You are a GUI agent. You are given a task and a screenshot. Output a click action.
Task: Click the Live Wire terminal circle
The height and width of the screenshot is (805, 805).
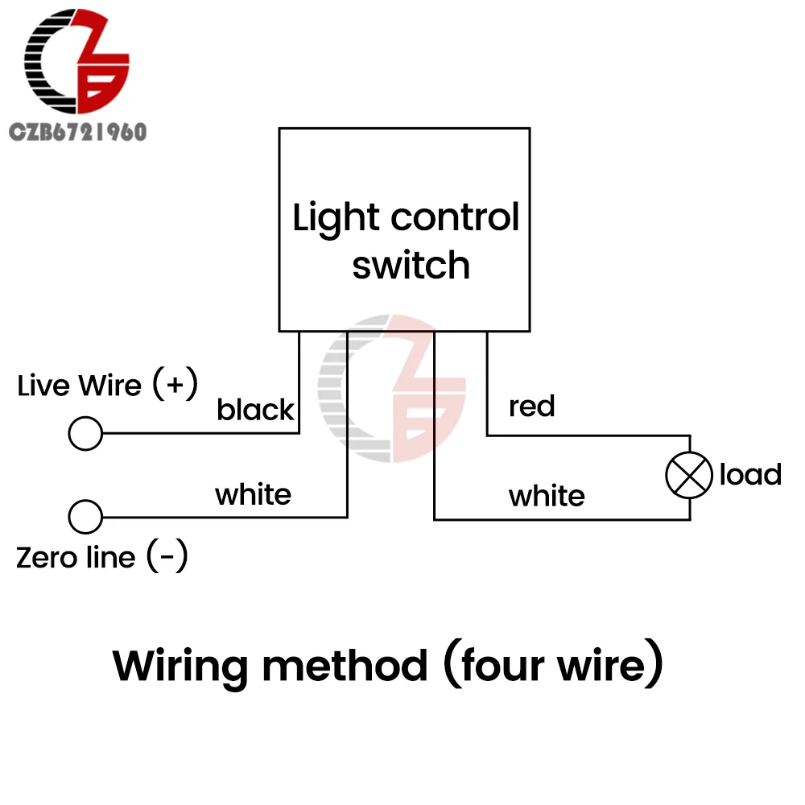[85, 434]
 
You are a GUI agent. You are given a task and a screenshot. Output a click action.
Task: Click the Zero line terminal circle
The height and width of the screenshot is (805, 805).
[85, 517]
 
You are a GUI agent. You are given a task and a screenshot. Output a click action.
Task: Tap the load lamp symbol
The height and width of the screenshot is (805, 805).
[689, 475]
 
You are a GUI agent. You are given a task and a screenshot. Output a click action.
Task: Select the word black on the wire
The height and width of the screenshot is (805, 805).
[255, 411]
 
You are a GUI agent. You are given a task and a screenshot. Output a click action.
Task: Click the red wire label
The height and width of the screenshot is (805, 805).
[531, 407]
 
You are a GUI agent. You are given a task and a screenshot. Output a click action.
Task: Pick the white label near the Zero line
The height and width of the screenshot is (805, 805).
[253, 494]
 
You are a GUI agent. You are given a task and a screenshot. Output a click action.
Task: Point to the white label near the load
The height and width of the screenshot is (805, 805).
[547, 496]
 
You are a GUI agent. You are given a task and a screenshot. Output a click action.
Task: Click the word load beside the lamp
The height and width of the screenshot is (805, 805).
[750, 475]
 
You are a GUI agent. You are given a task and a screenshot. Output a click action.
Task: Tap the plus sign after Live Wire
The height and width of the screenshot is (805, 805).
[175, 385]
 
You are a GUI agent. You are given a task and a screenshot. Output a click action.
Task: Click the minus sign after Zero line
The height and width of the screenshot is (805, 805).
[167, 557]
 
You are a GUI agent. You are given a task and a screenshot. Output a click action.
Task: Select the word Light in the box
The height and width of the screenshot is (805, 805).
[335, 218]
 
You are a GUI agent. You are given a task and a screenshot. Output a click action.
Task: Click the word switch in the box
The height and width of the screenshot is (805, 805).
[411, 266]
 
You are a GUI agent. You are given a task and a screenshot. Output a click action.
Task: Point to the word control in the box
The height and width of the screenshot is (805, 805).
[455, 218]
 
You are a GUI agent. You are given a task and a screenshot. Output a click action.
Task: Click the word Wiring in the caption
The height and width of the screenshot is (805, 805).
[180, 666]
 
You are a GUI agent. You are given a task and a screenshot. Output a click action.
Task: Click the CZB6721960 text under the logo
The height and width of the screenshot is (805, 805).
[77, 131]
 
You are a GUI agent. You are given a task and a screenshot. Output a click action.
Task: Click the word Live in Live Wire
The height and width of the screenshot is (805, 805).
[43, 386]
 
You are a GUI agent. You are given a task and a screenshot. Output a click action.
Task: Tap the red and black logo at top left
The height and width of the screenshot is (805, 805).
[76, 62]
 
